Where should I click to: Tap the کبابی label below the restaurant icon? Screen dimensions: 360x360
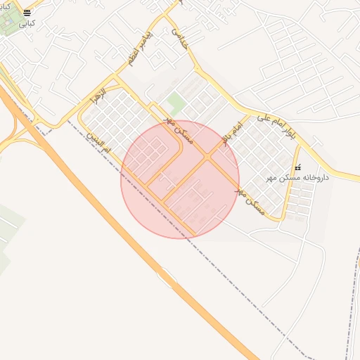[26, 23]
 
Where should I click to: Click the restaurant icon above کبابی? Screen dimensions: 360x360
[27, 13]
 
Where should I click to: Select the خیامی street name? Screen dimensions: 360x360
[181, 37]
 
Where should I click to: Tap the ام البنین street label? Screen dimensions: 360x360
[98, 139]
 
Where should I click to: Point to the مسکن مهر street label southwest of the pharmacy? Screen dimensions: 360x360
[251, 198]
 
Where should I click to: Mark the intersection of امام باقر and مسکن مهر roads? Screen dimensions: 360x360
[209, 155]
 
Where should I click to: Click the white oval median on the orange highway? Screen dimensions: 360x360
[166, 279]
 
